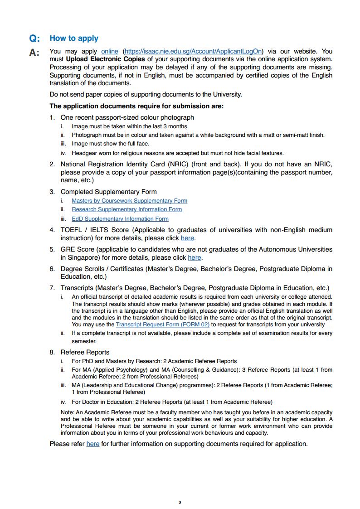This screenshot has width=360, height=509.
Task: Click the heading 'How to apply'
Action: [x=74, y=39]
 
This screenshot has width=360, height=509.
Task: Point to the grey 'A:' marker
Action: [x=34, y=53]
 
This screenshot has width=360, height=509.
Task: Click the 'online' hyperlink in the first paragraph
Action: [x=110, y=52]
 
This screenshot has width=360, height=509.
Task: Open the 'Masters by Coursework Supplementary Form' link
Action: [x=129, y=201]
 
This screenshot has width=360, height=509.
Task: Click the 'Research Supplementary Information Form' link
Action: [x=126, y=209]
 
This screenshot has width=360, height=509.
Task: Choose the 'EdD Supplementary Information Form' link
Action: [x=120, y=219]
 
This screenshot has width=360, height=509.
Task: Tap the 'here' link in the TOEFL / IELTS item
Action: [x=187, y=238]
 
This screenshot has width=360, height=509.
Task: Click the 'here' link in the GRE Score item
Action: [x=194, y=257]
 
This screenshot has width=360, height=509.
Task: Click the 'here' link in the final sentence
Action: [x=93, y=444]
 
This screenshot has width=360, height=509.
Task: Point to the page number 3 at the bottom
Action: [x=180, y=502]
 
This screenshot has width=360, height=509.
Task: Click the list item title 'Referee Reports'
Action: [x=85, y=352]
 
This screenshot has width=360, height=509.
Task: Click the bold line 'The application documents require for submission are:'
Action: [x=136, y=107]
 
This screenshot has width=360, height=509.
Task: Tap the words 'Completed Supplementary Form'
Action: [x=109, y=192]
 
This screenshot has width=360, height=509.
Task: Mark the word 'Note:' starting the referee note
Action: [x=68, y=412]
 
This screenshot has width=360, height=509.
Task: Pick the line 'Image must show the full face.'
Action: [x=110, y=144]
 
